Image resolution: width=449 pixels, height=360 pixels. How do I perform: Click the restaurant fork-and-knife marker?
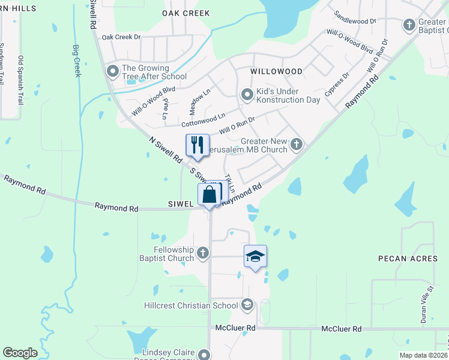pyautogui.click(x=197, y=145)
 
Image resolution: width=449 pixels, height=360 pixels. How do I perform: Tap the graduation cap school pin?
pyautogui.click(x=255, y=256)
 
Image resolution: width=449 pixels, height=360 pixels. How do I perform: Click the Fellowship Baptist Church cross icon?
pyautogui.click(x=203, y=253)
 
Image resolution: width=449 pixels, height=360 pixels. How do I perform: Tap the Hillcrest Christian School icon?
pyautogui.click(x=247, y=305)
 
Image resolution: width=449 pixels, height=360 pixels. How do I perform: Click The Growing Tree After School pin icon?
pyautogui.click(x=112, y=72)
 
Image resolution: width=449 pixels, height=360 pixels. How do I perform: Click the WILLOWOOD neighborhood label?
pyautogui.click(x=276, y=71)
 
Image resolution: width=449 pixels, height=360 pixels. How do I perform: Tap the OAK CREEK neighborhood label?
pyautogui.click(x=186, y=13)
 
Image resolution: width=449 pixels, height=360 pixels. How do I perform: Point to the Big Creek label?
pyautogui.click(x=76, y=60)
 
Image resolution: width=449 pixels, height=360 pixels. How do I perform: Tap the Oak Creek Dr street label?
pyautogui.click(x=121, y=37)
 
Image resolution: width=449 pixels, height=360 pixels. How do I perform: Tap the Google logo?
pyautogui.click(x=20, y=353)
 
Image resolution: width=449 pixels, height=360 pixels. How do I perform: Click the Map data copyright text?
pyautogui.click(x=423, y=355)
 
